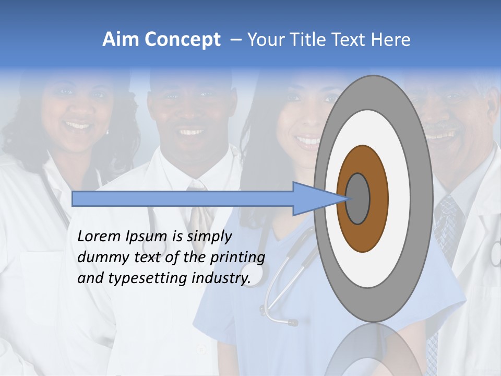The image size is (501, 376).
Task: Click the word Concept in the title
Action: click(182, 40)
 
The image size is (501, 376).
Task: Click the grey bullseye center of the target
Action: click(358, 198)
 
